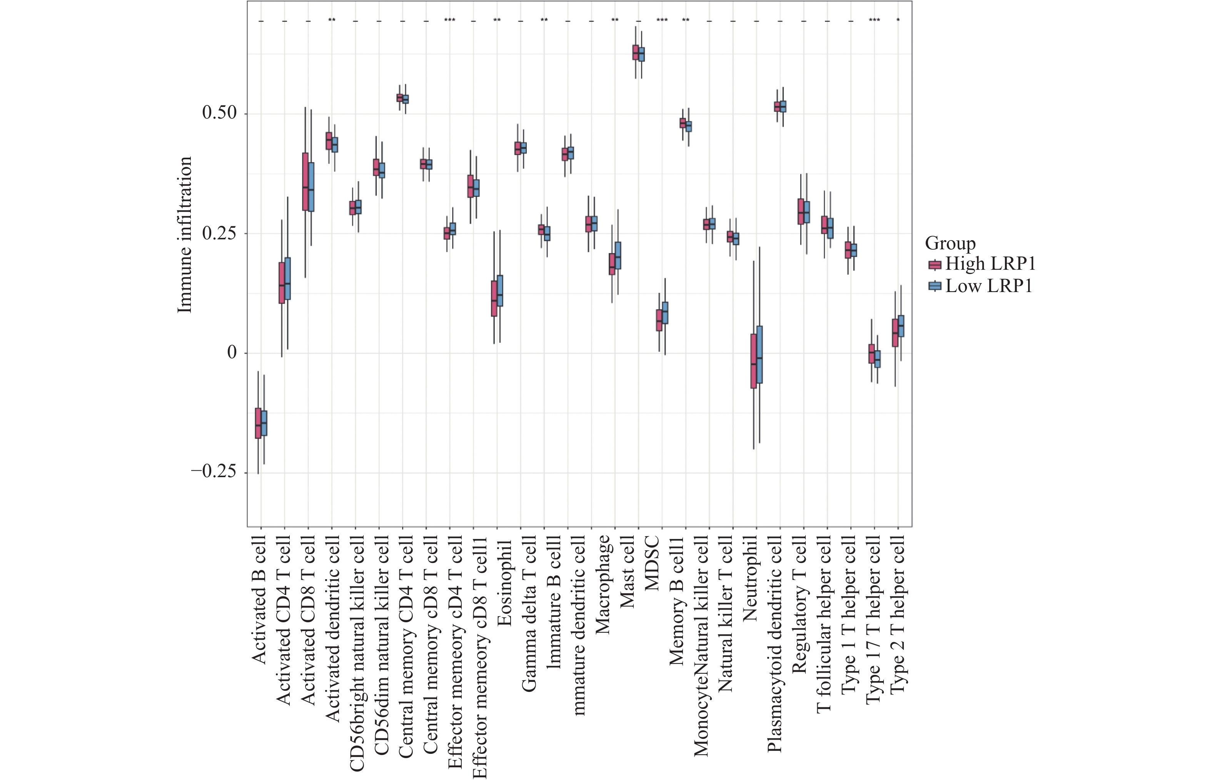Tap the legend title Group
click(950, 243)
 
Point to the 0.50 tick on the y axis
click(219, 113)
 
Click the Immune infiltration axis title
click(185, 234)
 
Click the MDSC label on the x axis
click(652, 563)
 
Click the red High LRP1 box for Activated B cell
click(258, 423)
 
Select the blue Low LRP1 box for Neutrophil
click(759, 354)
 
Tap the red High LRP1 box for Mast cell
click(635, 52)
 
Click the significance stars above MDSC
click(662, 20)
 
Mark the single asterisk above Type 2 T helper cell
click(898, 20)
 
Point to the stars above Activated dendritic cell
click(332, 20)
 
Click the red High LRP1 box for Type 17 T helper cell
click(871, 354)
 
